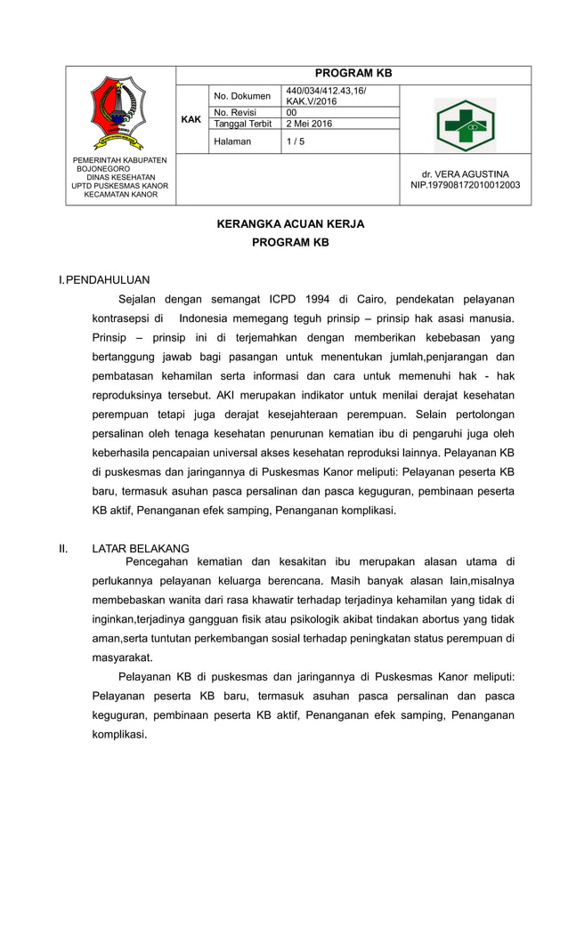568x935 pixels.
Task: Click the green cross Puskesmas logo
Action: (465, 125)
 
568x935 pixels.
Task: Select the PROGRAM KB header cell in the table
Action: (353, 74)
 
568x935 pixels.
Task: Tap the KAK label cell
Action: (191, 119)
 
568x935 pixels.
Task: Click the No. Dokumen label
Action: (242, 96)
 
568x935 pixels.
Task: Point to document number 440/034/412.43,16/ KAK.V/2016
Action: (326, 96)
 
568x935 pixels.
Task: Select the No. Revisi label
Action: (236, 113)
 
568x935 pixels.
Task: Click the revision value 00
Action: (291, 113)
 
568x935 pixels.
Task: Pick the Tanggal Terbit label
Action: (242, 125)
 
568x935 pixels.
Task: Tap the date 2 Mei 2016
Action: (309, 125)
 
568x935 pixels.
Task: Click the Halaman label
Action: (232, 141)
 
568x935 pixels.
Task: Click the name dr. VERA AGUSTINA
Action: (465, 173)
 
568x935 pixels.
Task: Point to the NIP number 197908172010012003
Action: (465, 185)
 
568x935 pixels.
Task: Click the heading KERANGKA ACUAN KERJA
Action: (290, 224)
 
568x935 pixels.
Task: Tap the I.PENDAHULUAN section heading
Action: (104, 279)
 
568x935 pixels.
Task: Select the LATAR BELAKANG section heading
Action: (141, 548)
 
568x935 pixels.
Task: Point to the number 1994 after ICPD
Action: (312, 300)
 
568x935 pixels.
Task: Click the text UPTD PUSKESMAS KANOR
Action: (120, 185)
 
